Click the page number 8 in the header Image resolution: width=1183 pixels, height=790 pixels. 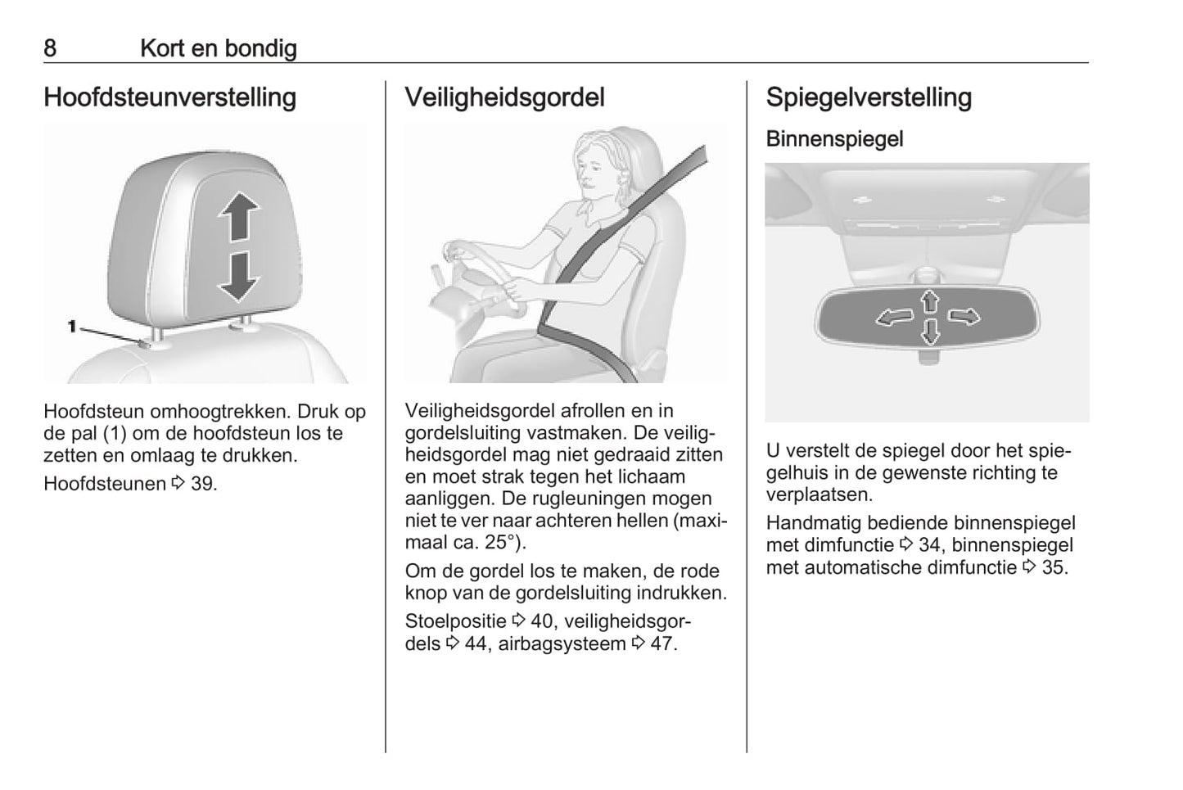click(x=50, y=48)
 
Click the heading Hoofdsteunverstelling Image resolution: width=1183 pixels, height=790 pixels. click(x=170, y=97)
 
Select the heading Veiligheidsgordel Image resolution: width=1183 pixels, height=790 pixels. click(x=504, y=97)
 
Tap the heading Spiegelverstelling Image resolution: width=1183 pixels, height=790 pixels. click(x=869, y=97)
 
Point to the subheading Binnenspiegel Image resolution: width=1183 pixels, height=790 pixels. click(x=834, y=139)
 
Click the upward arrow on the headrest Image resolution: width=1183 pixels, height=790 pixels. click(x=239, y=215)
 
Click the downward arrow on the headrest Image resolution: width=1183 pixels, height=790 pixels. click(x=239, y=278)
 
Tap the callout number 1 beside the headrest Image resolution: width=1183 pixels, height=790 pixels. click(x=72, y=327)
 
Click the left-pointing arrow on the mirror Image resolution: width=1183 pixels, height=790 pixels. click(x=894, y=318)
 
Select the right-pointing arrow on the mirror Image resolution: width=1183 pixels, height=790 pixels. click(x=964, y=316)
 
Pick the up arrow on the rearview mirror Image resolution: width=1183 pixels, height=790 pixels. click(x=930, y=301)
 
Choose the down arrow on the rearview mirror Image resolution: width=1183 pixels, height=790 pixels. click(x=930, y=332)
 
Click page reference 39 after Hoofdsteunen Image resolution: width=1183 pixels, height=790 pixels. click(x=202, y=484)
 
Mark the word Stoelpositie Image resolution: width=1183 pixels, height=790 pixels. click(x=455, y=621)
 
